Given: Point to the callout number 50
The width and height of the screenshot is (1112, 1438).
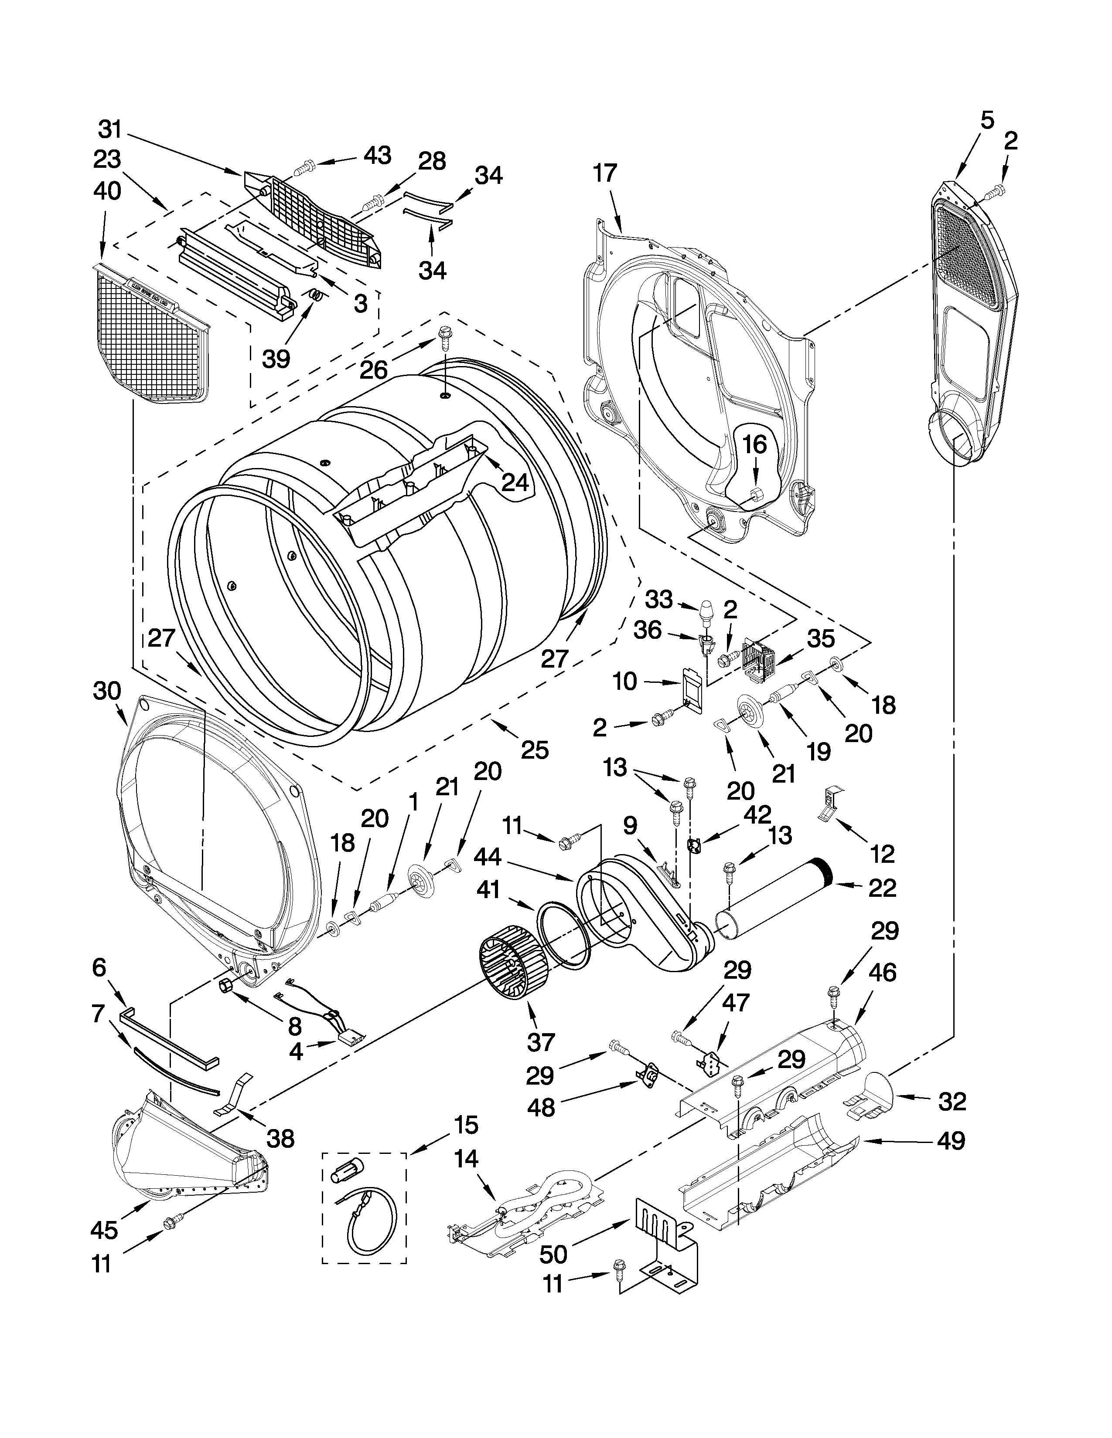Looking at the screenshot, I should click(553, 1254).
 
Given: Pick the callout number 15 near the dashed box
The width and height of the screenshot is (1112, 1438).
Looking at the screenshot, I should click(465, 1125).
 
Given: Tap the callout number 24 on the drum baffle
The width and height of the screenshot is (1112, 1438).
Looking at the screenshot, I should click(515, 483).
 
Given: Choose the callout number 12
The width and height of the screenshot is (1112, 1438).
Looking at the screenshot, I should click(882, 854).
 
